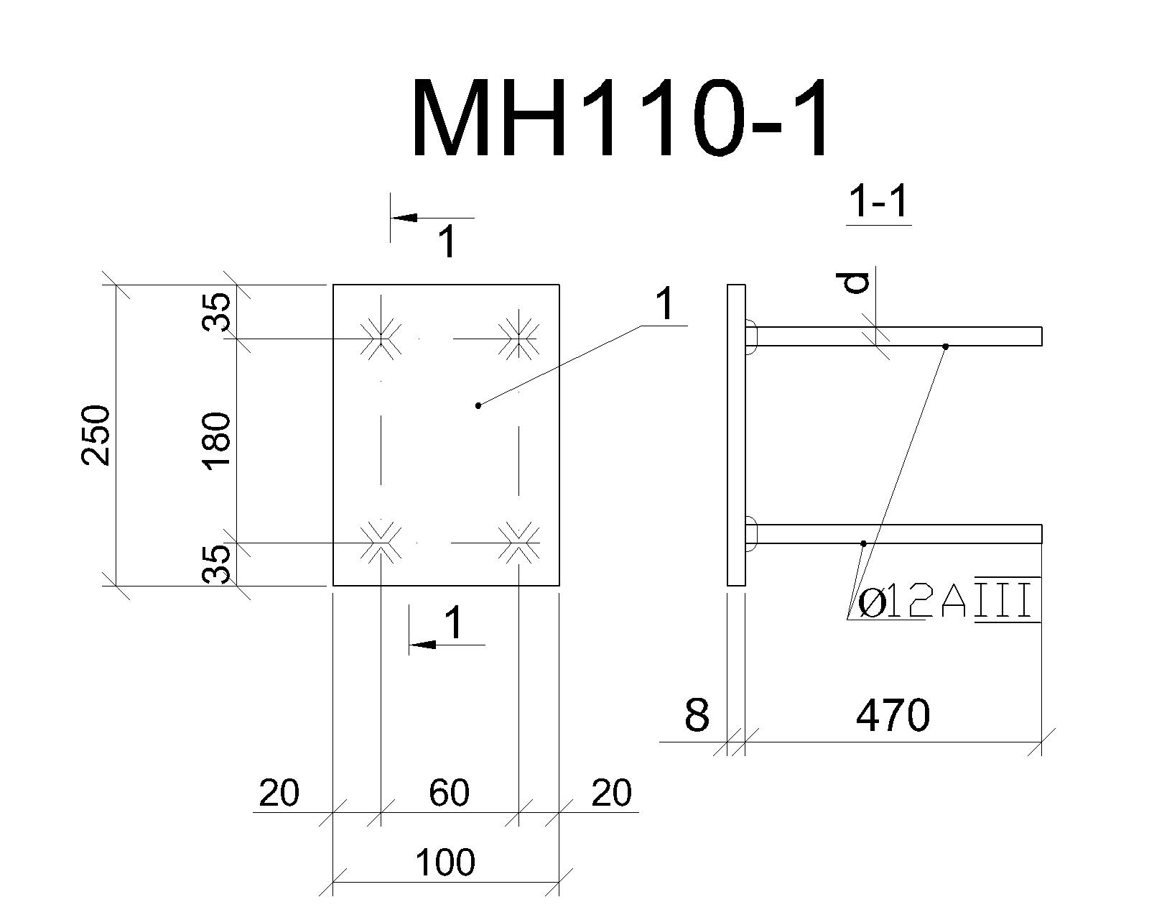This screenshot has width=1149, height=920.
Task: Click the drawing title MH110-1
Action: pyautogui.click(x=620, y=118)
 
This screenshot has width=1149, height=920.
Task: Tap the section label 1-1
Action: pyautogui.click(x=878, y=203)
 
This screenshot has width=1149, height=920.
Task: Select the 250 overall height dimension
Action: pyautogui.click(x=96, y=435)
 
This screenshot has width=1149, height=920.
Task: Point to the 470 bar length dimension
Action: pyautogui.click(x=893, y=715)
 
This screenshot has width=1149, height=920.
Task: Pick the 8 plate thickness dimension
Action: pyautogui.click(x=697, y=714)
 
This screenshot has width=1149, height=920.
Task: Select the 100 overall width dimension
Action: pyautogui.click(x=445, y=862)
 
